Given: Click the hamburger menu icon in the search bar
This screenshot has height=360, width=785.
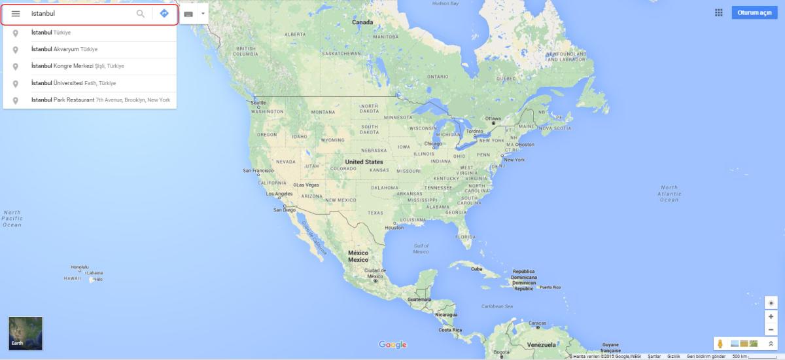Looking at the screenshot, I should point(16,14).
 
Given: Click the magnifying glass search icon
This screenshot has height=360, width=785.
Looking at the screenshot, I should point(140,14).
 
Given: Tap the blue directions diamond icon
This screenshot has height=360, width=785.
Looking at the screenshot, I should point(164,14).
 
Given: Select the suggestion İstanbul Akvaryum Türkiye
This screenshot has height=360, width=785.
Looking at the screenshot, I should point(64,49).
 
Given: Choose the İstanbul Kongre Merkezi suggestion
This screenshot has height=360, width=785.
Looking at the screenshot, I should point(77,66).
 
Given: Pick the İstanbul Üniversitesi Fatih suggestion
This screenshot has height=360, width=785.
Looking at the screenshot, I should point(73,83).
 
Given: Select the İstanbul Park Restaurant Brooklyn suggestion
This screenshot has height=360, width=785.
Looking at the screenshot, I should point(100,100).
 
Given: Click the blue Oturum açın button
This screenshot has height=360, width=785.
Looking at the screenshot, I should point(754,13).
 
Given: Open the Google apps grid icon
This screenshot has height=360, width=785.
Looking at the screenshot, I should point(719,13).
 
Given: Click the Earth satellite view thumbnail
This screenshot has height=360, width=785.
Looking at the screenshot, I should point(26,333).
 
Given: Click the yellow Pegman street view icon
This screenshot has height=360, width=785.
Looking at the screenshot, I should point(720,344).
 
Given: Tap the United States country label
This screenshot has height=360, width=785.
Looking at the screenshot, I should point(364,162).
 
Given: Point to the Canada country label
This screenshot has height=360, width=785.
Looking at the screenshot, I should point(362,22).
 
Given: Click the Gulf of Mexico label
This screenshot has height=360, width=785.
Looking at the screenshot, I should point(421,249).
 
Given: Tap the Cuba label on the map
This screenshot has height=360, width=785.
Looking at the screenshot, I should point(476,269).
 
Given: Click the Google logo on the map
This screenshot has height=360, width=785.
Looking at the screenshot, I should point(392,345).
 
